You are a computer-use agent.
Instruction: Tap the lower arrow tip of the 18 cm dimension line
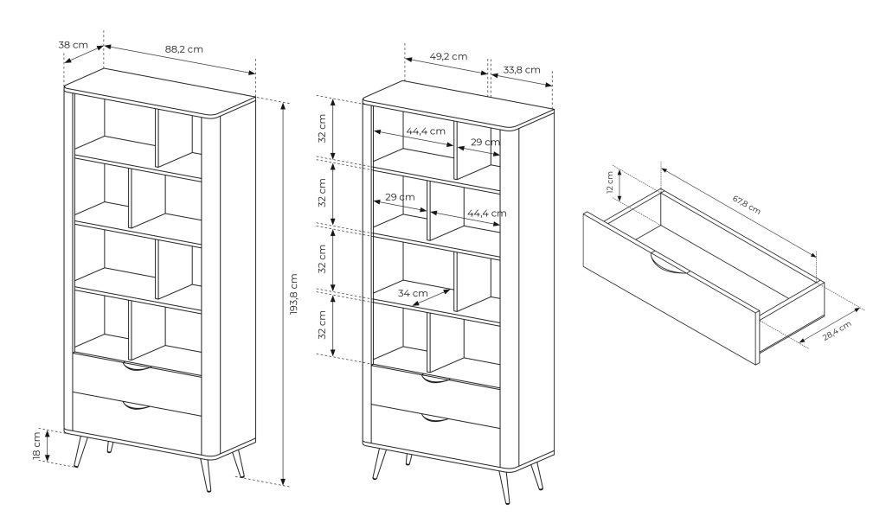(x=48, y=462)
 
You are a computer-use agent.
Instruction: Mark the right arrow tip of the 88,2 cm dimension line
(x=255, y=73)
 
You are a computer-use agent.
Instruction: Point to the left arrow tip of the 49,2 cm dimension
(x=406, y=58)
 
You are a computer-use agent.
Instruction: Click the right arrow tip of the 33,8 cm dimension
(x=552, y=86)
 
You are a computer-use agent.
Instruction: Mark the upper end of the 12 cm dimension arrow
(x=620, y=169)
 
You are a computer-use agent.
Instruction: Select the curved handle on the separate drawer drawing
(x=670, y=265)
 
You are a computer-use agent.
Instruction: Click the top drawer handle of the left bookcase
(x=137, y=367)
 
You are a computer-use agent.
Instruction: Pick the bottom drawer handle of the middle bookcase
(x=435, y=418)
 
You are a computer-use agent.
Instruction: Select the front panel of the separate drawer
(x=671, y=288)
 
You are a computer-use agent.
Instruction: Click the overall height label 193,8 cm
(x=293, y=294)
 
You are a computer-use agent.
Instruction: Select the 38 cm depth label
(x=73, y=44)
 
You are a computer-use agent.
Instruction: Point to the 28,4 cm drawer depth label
(x=837, y=331)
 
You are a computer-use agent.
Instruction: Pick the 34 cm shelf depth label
(x=413, y=293)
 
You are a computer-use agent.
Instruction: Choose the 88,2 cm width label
(x=183, y=49)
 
